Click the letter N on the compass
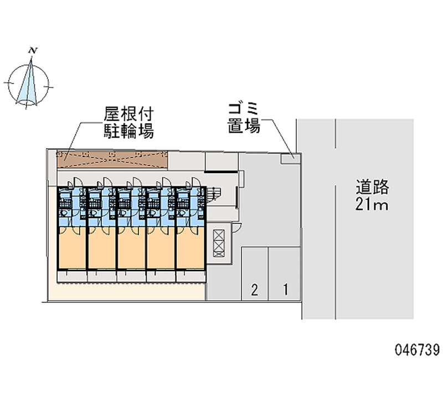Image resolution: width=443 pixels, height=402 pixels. (x=34, y=51)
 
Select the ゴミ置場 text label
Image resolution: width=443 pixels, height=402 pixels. (x=244, y=117)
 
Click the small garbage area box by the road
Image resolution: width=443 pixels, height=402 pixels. (x=289, y=159)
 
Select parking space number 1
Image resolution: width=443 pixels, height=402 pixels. (x=285, y=288)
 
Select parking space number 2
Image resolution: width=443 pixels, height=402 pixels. (x=255, y=288)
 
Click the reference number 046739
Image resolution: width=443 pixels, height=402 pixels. (x=417, y=350)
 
